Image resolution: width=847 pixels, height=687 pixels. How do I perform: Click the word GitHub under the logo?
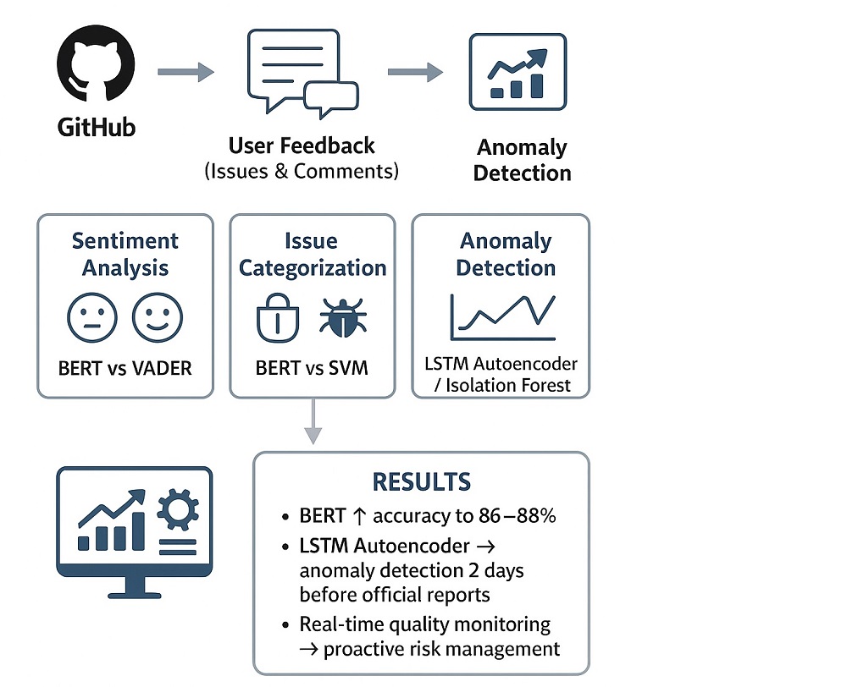[x=97, y=128]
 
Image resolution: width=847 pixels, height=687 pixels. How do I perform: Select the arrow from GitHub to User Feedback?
[x=185, y=73]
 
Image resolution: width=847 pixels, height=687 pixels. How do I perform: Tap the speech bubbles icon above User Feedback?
[x=302, y=74]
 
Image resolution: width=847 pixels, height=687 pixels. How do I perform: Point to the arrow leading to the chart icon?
[x=415, y=73]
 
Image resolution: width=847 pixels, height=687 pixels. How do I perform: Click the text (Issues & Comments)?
[x=302, y=171]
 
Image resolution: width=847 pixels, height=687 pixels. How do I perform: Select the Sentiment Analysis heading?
[x=125, y=254]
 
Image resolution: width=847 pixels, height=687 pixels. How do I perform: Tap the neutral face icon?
[x=91, y=318]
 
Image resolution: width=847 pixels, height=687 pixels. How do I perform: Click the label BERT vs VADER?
[x=125, y=369]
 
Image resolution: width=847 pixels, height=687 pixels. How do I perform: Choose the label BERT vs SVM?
[x=312, y=369]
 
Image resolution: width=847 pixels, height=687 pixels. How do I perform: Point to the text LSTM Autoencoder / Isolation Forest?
[x=501, y=375]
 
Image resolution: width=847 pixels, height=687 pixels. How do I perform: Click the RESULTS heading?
[x=421, y=482]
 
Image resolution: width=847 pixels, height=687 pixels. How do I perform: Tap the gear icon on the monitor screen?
[x=178, y=510]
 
